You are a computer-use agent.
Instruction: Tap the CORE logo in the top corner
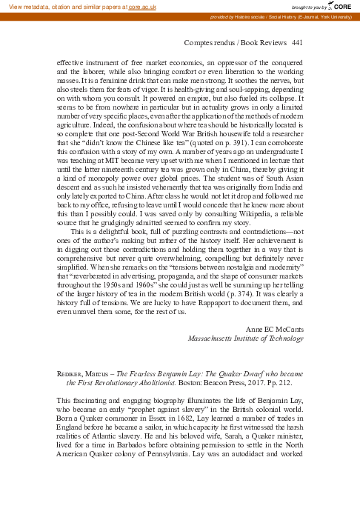coord(341,6)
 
